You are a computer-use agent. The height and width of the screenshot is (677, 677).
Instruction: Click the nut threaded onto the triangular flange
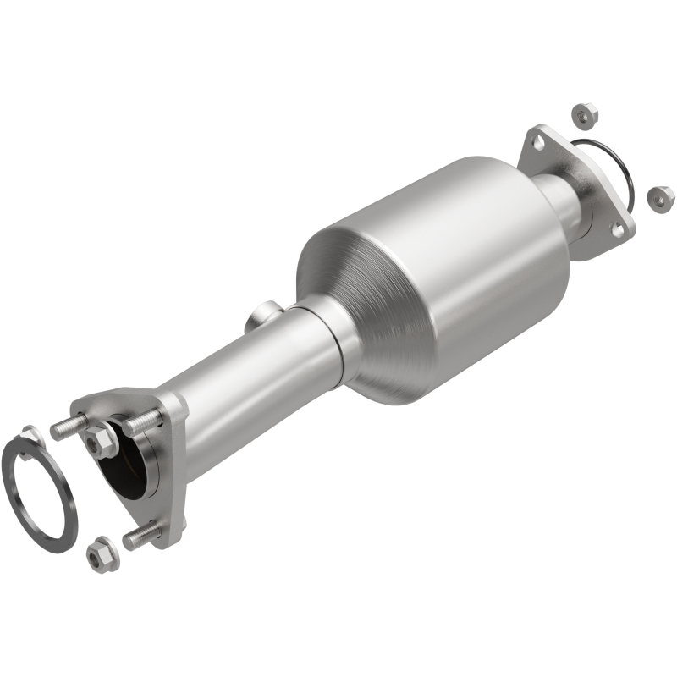(96, 439)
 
